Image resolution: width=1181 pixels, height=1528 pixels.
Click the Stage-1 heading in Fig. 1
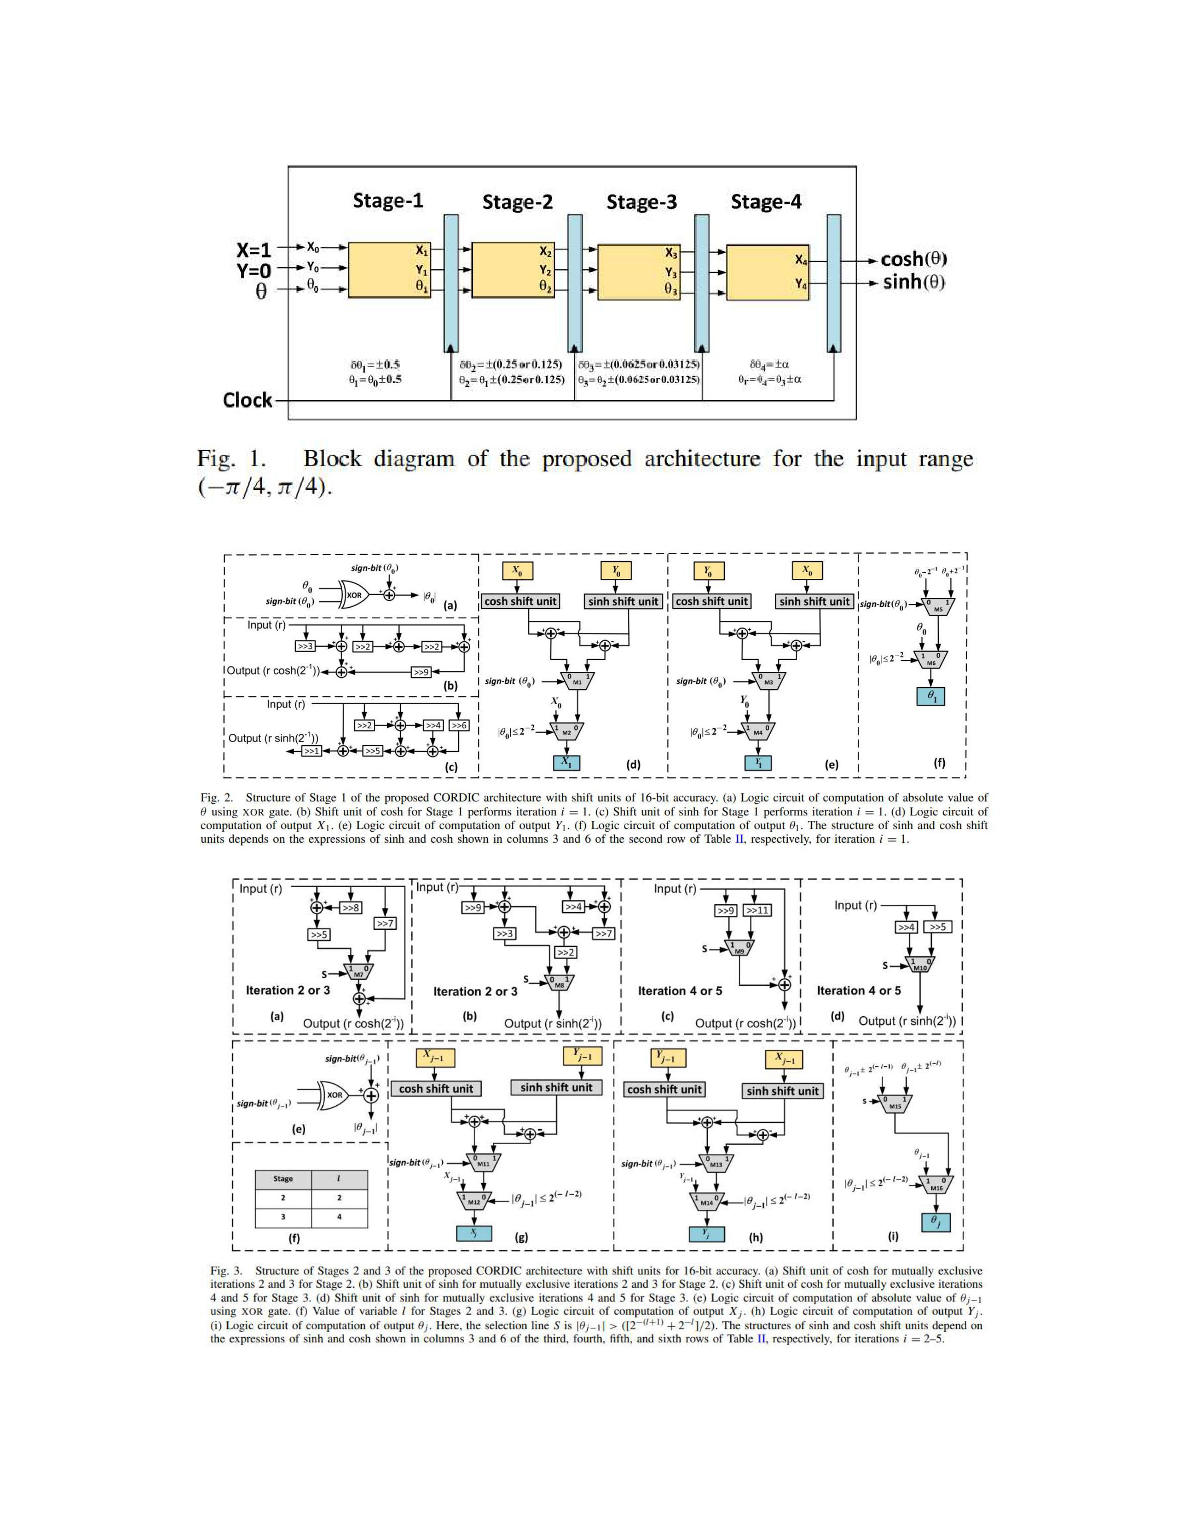388,201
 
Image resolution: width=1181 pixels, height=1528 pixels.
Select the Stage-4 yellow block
767,272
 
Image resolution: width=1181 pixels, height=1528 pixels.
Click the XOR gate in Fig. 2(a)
352,595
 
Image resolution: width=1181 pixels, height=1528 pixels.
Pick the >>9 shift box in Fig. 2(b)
421,672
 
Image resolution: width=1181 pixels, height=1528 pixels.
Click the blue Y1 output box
758,763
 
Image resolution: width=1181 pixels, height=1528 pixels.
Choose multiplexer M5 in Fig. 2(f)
937,607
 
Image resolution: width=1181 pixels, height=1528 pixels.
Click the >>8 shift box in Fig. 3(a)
351,908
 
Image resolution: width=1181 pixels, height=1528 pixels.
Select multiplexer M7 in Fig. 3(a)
358,972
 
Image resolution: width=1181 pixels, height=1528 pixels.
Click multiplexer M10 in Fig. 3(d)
919,965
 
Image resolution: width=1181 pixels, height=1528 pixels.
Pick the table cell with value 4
339,1217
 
